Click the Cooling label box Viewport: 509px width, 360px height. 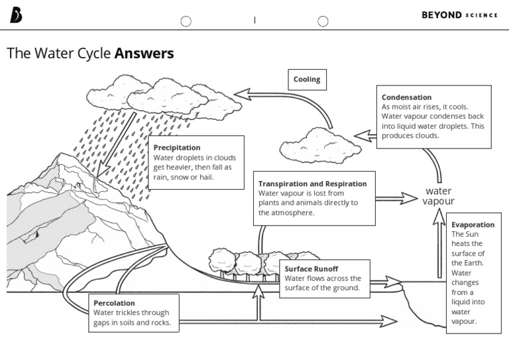pos(306,80)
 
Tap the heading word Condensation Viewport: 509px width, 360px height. pos(406,97)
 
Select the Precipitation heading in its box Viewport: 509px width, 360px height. pos(177,147)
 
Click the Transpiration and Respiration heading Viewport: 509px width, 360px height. pos(312,184)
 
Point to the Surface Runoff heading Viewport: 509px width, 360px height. pos(311,269)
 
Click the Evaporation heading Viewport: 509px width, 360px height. pos(473,225)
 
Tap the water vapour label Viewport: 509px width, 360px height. pos(438,196)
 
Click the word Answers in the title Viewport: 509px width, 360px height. pos(144,54)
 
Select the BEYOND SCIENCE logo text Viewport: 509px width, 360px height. pos(459,15)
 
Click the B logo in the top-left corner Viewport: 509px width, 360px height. pos(16,16)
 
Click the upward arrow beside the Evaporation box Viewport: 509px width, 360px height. pos(439,245)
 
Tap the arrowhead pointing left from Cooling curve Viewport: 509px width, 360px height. pos(244,94)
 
